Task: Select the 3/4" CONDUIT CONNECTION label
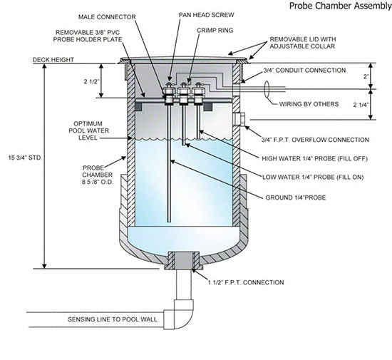pos(305,70)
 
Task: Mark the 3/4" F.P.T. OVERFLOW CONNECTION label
pos(316,140)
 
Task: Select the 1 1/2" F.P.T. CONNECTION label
pos(244,282)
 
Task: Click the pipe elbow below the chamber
pos(180,314)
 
